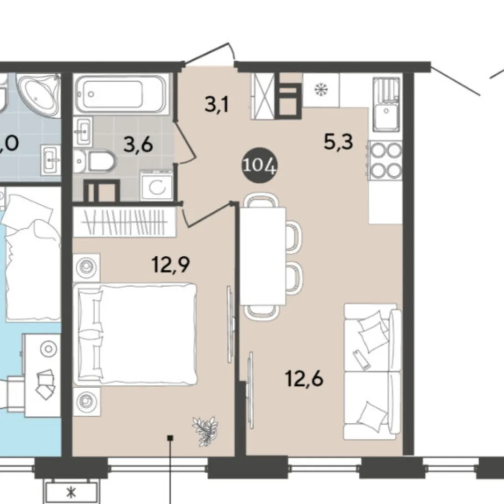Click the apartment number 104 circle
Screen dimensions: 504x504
point(259,166)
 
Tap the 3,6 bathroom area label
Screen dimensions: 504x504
point(138,145)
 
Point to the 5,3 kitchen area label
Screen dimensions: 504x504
point(338,142)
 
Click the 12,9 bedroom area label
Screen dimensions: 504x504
point(171,265)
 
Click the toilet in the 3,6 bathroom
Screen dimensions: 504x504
point(93,161)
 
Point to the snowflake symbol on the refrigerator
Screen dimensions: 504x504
point(321,89)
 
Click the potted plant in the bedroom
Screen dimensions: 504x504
point(205,431)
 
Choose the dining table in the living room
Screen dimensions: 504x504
point(263,256)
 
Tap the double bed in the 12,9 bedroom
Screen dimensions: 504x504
point(135,334)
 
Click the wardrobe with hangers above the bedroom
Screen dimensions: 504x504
point(125,222)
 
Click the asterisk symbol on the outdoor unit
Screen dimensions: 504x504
point(71,492)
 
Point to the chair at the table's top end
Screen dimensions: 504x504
point(261,200)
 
